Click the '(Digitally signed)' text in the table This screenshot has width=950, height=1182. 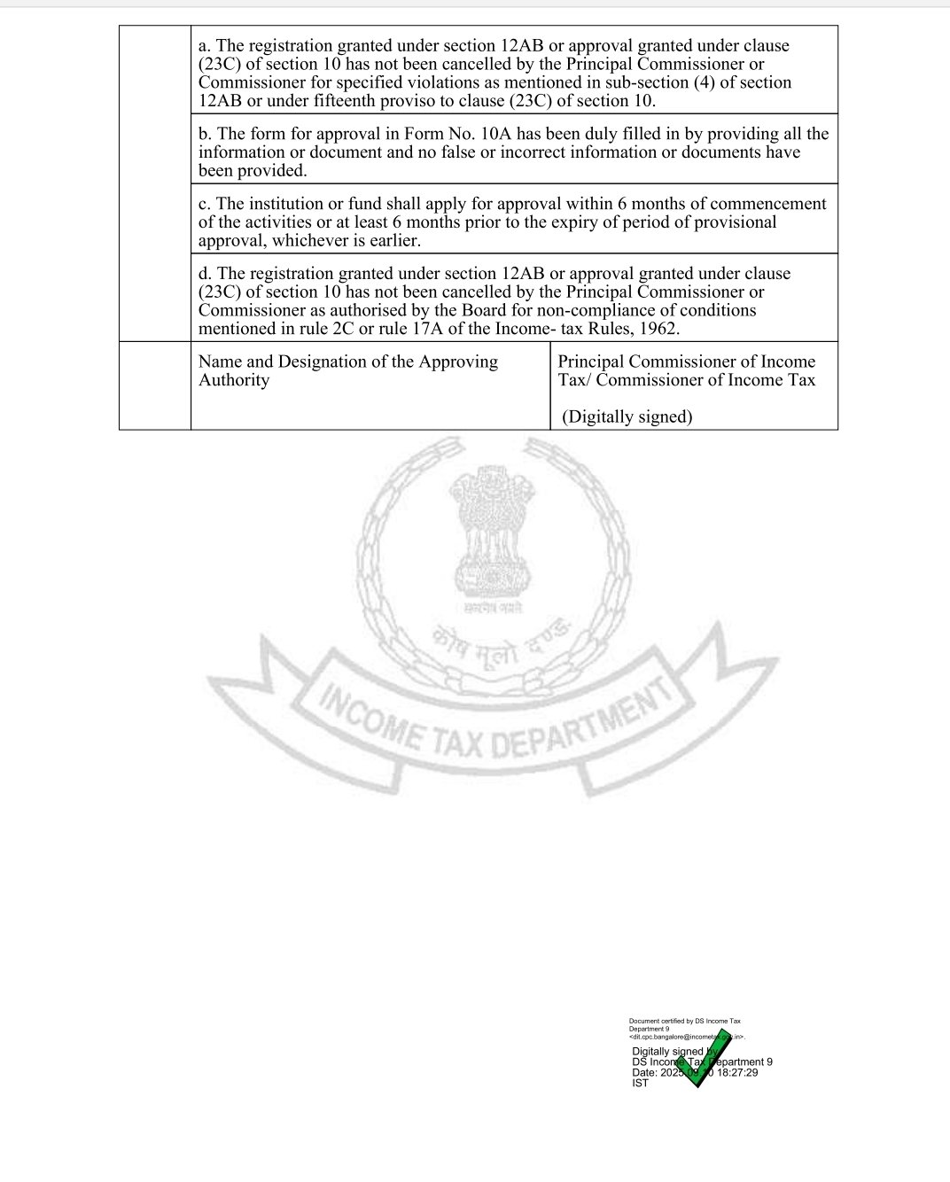coord(627,416)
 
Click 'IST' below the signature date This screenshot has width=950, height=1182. coord(640,1083)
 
